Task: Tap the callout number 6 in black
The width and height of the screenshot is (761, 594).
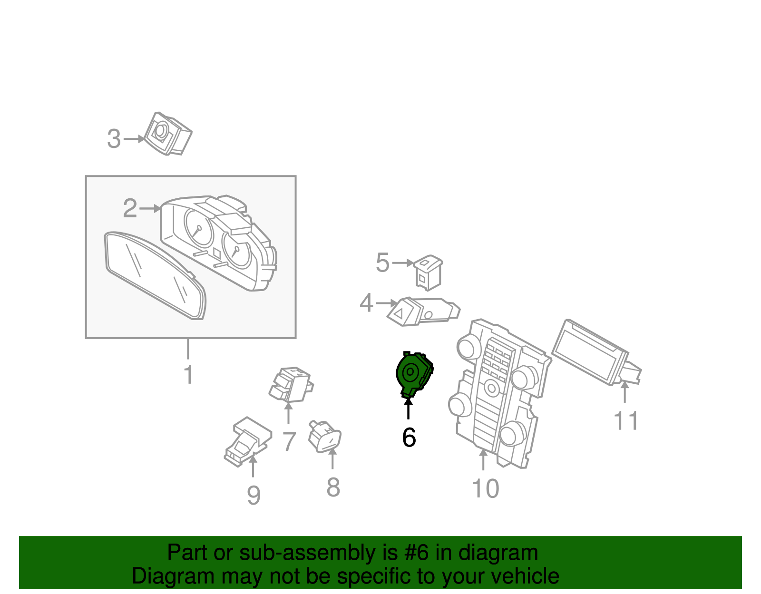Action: [x=409, y=438]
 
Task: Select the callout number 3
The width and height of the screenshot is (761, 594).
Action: [x=114, y=139]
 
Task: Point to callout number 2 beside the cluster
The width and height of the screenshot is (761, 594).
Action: [x=130, y=209]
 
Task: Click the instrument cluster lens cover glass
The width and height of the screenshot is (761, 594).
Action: [x=155, y=276]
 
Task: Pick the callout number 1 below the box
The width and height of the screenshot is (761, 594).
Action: [x=188, y=375]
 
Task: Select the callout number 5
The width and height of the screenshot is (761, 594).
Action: [x=382, y=263]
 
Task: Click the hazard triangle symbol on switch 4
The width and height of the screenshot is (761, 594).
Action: [x=400, y=314]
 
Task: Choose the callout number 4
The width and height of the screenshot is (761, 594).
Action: [x=366, y=303]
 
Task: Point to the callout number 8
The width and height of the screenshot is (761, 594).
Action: [x=333, y=487]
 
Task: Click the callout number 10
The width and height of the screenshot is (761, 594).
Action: [x=485, y=488]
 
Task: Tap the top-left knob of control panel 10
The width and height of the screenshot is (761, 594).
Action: [x=468, y=347]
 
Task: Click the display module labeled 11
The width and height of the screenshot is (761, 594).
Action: [x=590, y=352]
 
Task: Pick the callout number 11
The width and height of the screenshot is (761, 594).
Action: [x=626, y=421]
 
